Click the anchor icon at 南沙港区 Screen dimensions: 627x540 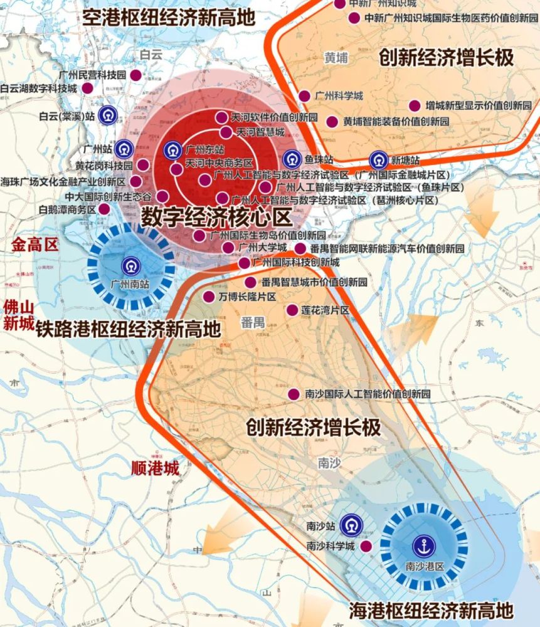pyautogui.click(x=424, y=545)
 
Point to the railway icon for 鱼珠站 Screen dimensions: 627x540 pyautogui.click(x=292, y=159)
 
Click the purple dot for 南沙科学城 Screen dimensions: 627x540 pyautogui.click(x=366, y=547)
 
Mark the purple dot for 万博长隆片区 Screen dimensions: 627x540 pyautogui.click(x=208, y=296)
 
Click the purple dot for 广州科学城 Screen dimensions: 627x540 pyautogui.click(x=304, y=96)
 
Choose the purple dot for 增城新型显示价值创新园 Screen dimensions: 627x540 pyautogui.click(x=415, y=105)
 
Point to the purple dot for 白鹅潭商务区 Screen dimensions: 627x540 pyautogui.click(x=105, y=209)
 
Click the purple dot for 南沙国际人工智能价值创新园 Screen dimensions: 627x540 pyautogui.click(x=293, y=394)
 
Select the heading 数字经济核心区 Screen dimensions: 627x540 pyautogui.click(x=216, y=217)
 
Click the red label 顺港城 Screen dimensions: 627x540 pyautogui.click(x=155, y=468)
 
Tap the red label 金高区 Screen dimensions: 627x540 pyautogui.click(x=34, y=245)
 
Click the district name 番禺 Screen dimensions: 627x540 pyautogui.click(x=253, y=322)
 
